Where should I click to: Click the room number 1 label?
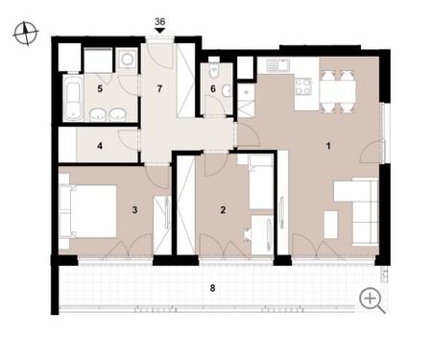(328, 146)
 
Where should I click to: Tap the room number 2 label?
(223, 210)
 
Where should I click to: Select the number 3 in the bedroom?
(134, 210)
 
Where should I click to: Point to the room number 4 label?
(100, 146)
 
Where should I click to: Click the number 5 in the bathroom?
(100, 88)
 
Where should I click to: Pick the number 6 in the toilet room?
(213, 88)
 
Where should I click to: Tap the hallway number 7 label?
(159, 88)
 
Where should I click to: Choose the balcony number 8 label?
(212, 288)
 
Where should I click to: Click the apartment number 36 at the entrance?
(159, 22)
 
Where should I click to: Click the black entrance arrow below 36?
(159, 31)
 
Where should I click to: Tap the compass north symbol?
(26, 34)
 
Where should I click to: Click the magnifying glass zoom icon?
(372, 300)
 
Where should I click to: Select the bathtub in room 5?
(74, 98)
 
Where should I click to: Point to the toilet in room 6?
(213, 70)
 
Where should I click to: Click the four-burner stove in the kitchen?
(303, 86)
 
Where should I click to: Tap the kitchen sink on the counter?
(277, 65)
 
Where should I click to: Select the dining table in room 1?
(337, 90)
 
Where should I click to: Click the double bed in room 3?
(88, 211)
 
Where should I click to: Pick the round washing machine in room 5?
(127, 60)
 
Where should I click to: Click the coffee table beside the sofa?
(331, 225)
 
